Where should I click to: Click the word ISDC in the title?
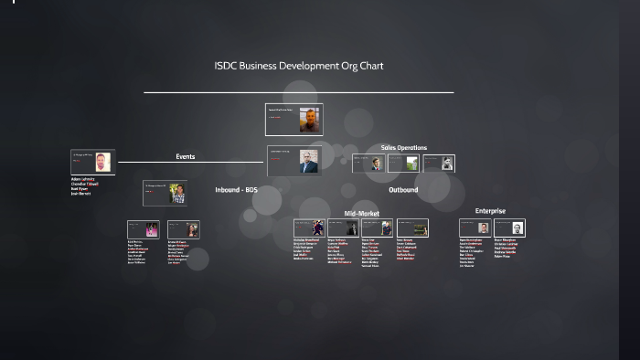pos(224,66)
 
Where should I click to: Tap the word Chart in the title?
pos(371,66)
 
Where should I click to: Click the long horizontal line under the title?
pos(298,92)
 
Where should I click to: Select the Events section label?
pos(185,156)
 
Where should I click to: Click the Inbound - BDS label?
pos(236,190)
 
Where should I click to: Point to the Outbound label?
pos(403,190)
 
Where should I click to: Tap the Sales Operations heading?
pos(403,147)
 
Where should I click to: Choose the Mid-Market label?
pos(361,214)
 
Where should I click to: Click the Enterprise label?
pos(490,211)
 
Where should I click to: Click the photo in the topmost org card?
pos(310,120)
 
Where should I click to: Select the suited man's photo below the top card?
pos(308,162)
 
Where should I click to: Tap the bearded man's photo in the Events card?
pos(103,162)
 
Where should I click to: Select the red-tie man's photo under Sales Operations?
pos(375,164)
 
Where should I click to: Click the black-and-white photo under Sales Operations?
pos(447,164)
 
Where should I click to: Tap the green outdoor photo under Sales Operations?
pos(412,164)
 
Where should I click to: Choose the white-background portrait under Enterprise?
pos(517,228)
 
